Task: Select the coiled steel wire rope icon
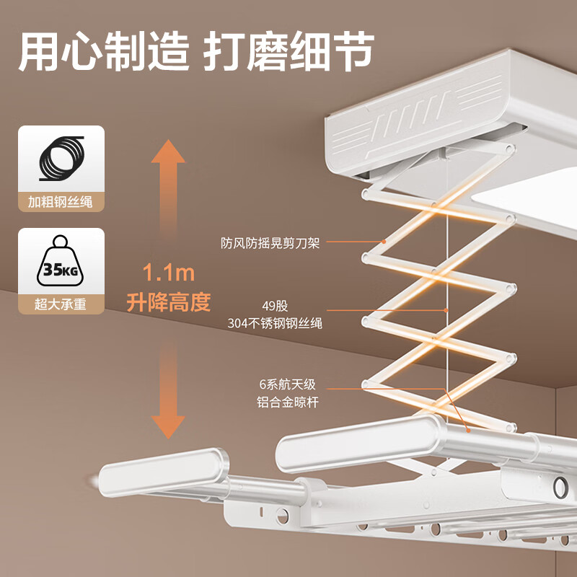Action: point(61,159)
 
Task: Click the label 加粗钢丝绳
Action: point(61,202)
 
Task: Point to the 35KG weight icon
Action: point(61,262)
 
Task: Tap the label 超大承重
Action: point(61,304)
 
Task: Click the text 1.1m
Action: point(169,274)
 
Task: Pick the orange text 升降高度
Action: point(169,301)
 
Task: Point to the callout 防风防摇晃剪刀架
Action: point(270,243)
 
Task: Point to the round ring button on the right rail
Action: point(560,487)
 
